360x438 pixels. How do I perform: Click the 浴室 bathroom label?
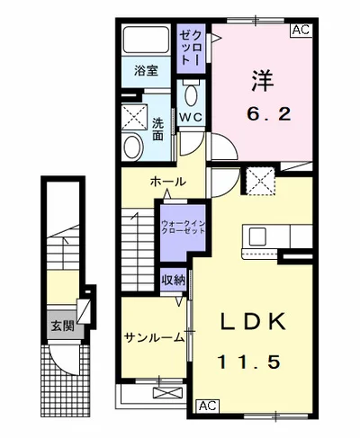pyautogui.click(x=147, y=70)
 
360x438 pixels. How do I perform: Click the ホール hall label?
pyautogui.click(x=168, y=182)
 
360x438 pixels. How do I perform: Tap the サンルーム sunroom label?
pyautogui.click(x=153, y=339)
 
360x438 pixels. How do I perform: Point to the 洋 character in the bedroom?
pyautogui.click(x=260, y=79)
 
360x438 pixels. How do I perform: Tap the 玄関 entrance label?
pyautogui.click(x=62, y=326)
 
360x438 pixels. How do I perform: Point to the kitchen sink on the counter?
pyautogui.click(x=256, y=237)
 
